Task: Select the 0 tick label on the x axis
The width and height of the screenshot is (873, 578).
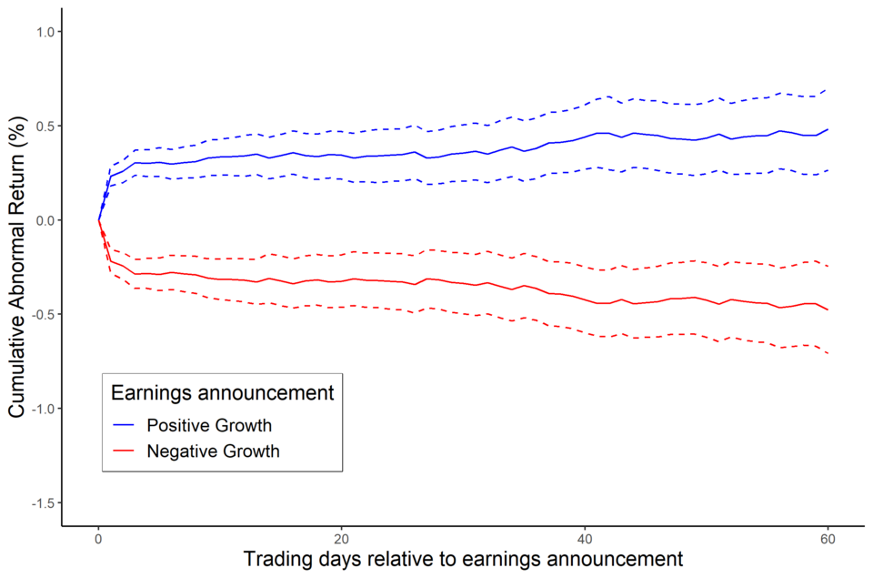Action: (x=98, y=537)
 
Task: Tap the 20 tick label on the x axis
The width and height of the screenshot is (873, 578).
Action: (x=341, y=537)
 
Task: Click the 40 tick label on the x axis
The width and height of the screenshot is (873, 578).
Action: (x=585, y=537)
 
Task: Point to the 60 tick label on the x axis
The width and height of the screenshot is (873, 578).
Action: (x=828, y=537)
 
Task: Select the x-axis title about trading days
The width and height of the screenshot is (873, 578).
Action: (x=463, y=559)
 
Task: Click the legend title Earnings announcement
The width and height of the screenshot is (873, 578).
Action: (x=221, y=393)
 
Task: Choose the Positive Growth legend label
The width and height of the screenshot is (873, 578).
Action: (x=209, y=425)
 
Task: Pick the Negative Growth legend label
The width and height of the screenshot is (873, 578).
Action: (x=213, y=451)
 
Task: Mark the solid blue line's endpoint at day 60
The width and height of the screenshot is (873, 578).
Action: (x=828, y=129)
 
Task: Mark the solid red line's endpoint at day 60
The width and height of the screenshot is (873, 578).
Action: (x=828, y=310)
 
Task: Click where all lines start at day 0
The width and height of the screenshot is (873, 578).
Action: (x=98, y=220)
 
